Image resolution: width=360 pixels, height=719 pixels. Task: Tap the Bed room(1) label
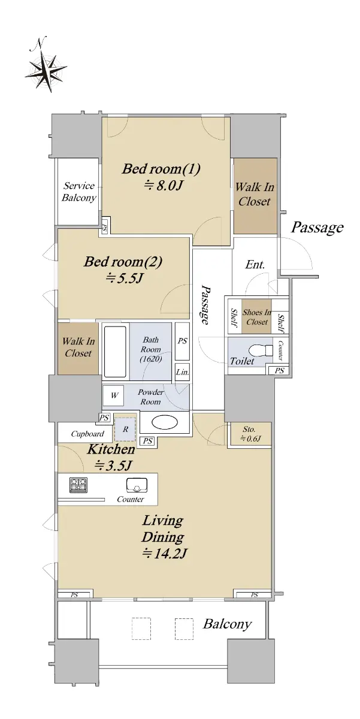coord(161,168)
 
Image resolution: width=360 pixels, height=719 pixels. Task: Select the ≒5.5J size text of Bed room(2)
coord(123,278)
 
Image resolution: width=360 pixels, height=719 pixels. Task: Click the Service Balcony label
coord(79,191)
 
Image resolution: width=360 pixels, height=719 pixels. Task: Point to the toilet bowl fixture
coord(259,351)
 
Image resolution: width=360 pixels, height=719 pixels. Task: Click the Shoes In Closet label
coord(256,317)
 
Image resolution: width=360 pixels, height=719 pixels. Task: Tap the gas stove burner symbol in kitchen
coord(78,485)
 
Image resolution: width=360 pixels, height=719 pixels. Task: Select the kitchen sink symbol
coord(137,485)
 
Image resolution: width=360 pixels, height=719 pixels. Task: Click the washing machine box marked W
coord(114,395)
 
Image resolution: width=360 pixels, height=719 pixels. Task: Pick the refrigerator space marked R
coord(125,429)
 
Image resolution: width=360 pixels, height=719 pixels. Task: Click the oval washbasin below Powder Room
coord(165,423)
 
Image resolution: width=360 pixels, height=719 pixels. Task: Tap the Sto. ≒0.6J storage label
coord(250,434)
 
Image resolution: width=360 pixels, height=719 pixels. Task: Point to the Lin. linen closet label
coord(182,372)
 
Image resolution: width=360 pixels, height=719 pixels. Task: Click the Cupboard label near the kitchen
coord(87,434)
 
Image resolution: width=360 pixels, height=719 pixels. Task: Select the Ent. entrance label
coord(255,265)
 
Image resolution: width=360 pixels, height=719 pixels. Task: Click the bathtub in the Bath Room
coord(115,352)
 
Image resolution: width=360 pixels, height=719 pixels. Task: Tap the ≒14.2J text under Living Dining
coord(164,554)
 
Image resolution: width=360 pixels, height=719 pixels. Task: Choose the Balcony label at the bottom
coord(227,624)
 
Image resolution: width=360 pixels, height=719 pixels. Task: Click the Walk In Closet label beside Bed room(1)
coord(255,194)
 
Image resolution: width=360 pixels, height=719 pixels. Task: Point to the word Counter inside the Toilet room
coord(280,351)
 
